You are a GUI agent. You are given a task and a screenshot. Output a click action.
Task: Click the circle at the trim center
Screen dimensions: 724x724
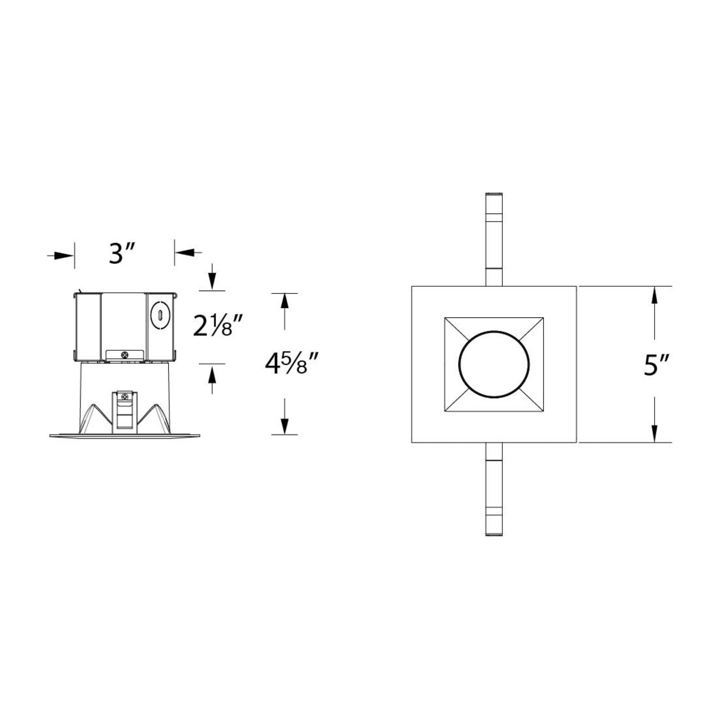pyautogui.click(x=494, y=364)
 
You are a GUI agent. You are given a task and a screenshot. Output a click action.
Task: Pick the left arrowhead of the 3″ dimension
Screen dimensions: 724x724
pyautogui.click(x=64, y=256)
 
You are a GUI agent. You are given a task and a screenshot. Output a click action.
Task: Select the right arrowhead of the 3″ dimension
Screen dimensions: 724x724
pyautogui.click(x=184, y=252)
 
